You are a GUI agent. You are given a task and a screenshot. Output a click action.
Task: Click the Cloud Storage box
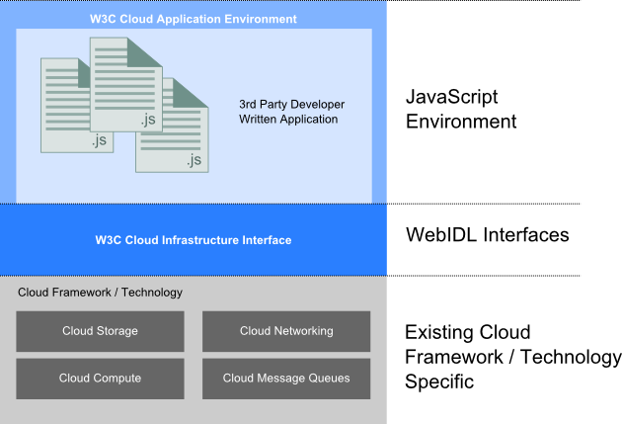click(x=100, y=331)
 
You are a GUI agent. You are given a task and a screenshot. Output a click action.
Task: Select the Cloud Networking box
click(x=286, y=331)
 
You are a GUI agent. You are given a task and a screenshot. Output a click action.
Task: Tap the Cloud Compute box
click(x=100, y=378)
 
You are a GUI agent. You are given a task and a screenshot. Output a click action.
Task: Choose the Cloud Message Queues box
click(x=286, y=378)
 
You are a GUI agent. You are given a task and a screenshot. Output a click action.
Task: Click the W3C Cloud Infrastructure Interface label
click(x=194, y=240)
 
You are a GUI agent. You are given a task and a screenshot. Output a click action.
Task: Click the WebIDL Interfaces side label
click(x=487, y=235)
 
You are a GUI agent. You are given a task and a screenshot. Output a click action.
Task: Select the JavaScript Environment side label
click(x=461, y=110)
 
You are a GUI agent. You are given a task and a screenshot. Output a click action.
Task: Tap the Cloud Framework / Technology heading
click(x=101, y=293)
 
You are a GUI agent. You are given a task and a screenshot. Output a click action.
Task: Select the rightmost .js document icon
click(x=172, y=127)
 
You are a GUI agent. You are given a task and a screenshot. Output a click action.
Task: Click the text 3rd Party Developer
click(x=291, y=104)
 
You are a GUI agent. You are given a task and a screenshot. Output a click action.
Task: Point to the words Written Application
click(x=288, y=120)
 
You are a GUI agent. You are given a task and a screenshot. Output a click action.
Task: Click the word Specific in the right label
click(x=440, y=381)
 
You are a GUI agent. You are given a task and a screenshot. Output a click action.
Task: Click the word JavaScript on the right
click(x=452, y=98)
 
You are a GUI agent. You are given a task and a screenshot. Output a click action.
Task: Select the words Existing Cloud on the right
click(x=468, y=332)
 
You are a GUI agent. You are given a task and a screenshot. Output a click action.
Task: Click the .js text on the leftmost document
click(x=98, y=141)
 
